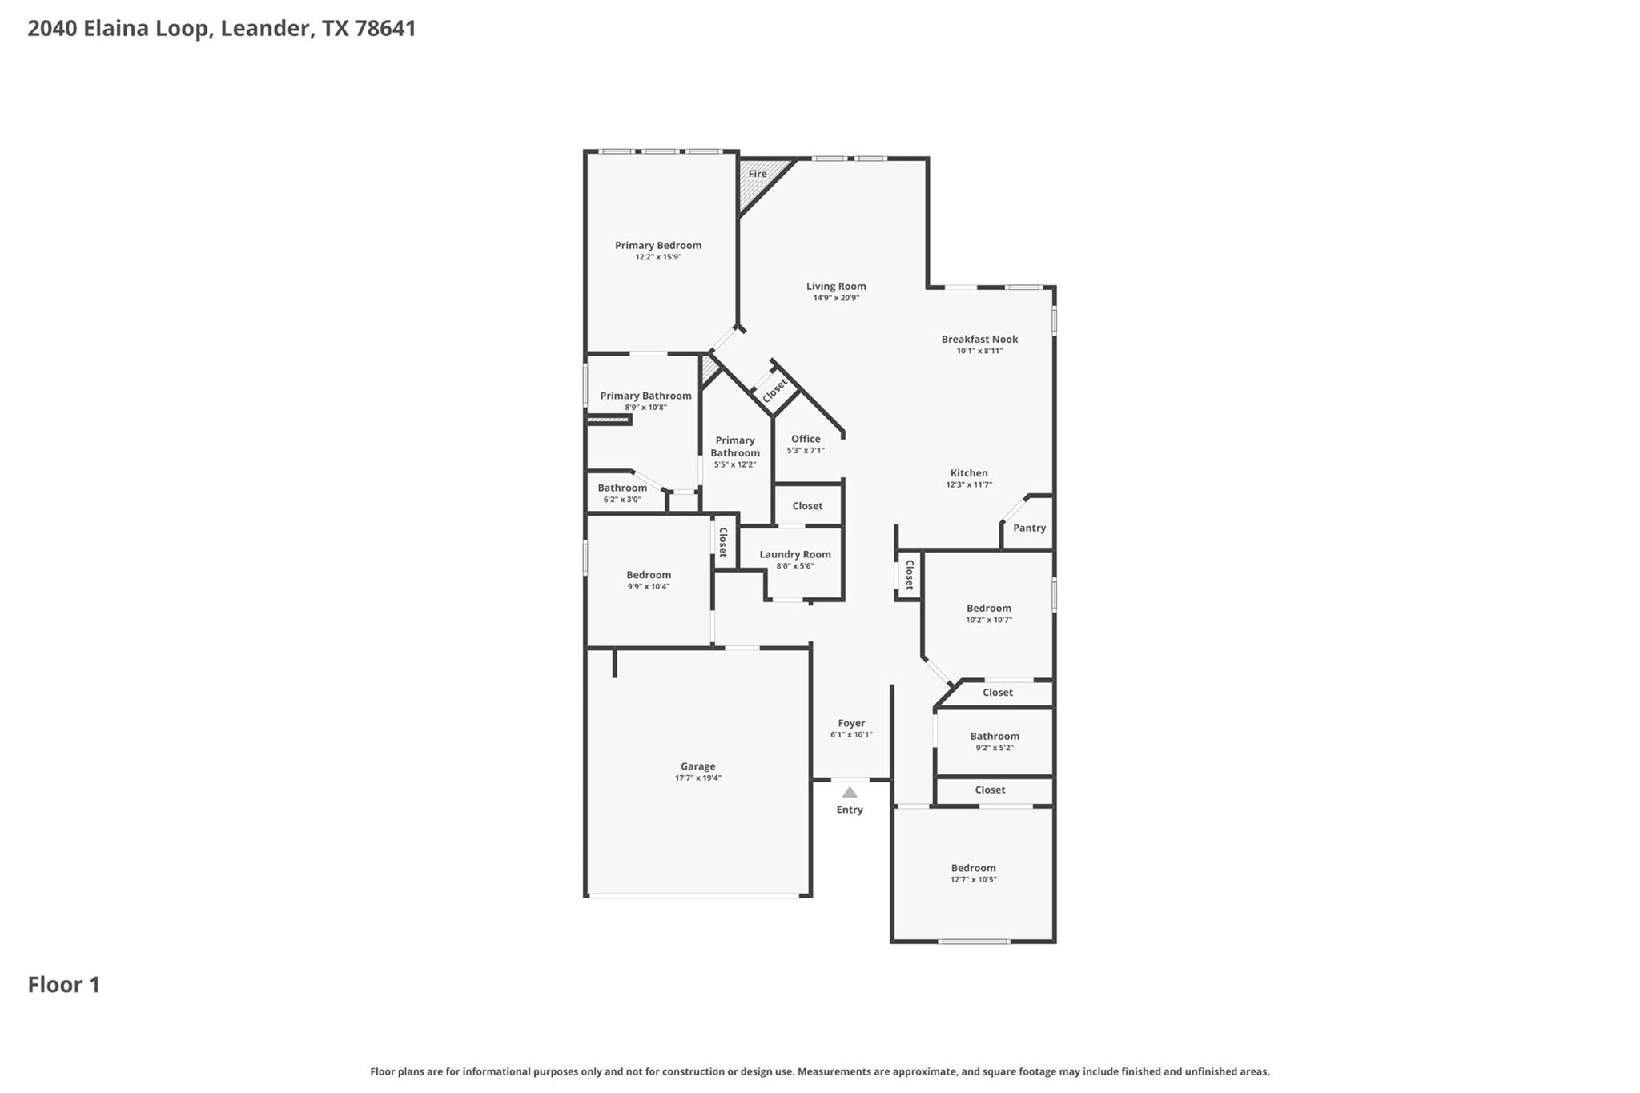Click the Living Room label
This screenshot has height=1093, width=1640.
pyautogui.click(x=836, y=286)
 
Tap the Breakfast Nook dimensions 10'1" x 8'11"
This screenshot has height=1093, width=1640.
pyautogui.click(x=979, y=351)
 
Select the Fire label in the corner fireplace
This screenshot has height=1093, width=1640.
pyautogui.click(x=758, y=174)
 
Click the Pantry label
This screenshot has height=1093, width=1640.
pyautogui.click(x=1029, y=528)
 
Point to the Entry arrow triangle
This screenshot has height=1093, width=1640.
pyautogui.click(x=850, y=793)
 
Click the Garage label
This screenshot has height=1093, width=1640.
pyautogui.click(x=697, y=766)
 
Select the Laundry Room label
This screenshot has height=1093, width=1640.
pyautogui.click(x=794, y=554)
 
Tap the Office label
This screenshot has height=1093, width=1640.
pyautogui.click(x=806, y=439)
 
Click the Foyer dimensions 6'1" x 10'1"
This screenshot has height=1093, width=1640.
pyautogui.click(x=850, y=734)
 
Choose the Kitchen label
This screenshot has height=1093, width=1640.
pyautogui.click(x=969, y=473)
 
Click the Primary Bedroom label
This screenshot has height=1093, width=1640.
pyautogui.click(x=657, y=245)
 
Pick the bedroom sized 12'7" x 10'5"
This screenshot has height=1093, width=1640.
pyautogui.click(x=973, y=868)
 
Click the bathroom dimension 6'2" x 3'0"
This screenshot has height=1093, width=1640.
pyautogui.click(x=621, y=500)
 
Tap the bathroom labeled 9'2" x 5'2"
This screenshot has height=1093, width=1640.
pyautogui.click(x=994, y=736)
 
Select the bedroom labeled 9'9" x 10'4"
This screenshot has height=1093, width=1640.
pyautogui.click(x=648, y=575)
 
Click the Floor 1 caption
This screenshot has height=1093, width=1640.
pyautogui.click(x=64, y=985)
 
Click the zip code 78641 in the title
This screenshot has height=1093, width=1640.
pyautogui.click(x=385, y=29)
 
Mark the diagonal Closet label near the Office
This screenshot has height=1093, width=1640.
pyautogui.click(x=774, y=391)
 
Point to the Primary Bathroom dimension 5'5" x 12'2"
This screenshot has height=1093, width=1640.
pyautogui.click(x=734, y=464)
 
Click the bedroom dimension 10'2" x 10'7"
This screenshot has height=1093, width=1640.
pyautogui.click(x=988, y=620)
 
